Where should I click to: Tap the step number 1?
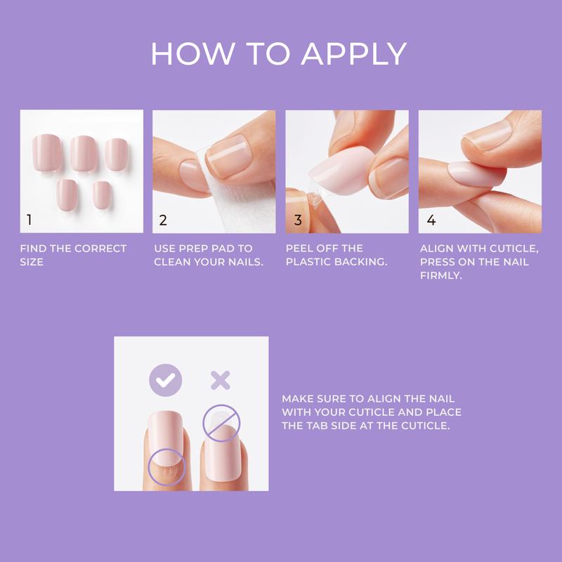coord(29,221)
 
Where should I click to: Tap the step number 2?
coord(163,221)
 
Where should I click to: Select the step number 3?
coord(298,221)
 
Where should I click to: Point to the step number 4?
coord(431,221)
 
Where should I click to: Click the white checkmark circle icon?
coord(165,380)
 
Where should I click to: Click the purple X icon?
coord(221,380)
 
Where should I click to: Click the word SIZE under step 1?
coord(32,262)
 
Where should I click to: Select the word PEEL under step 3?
coord(300,249)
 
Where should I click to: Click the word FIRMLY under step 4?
coord(439,275)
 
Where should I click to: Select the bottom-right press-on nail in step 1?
coord(102,195)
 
